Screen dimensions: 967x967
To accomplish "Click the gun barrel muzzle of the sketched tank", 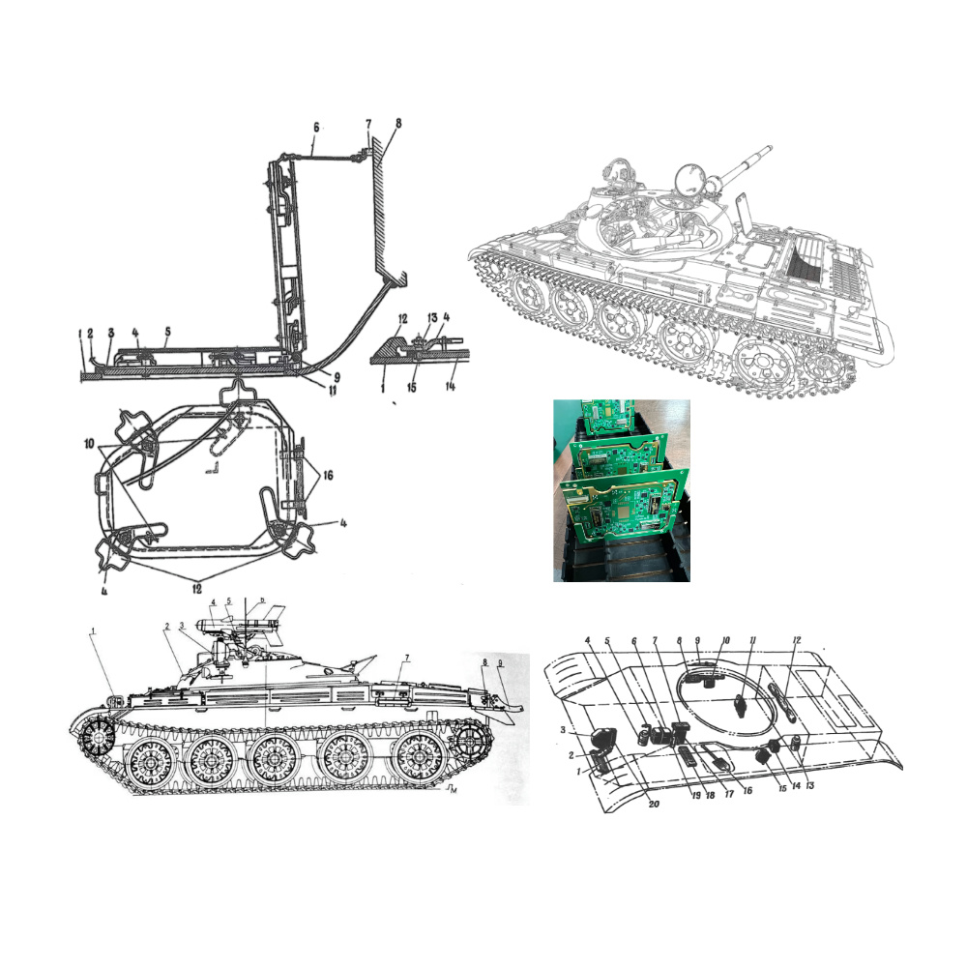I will (x=769, y=149).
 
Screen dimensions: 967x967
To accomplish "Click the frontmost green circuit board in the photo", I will (x=624, y=520).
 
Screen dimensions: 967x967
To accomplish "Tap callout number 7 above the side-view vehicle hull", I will (x=407, y=659).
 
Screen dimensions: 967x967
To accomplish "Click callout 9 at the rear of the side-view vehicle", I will (x=500, y=663).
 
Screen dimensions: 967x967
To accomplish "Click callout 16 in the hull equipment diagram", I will (x=747, y=789).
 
